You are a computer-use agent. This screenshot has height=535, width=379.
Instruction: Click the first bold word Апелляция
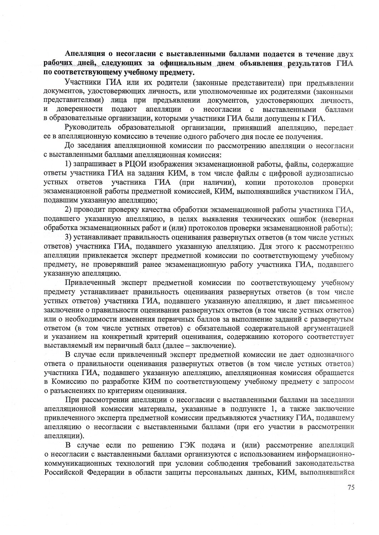pos(84,54)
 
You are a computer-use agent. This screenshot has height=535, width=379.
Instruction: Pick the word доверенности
pos(79,109)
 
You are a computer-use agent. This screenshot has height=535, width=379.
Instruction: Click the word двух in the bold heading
pos(344,54)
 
